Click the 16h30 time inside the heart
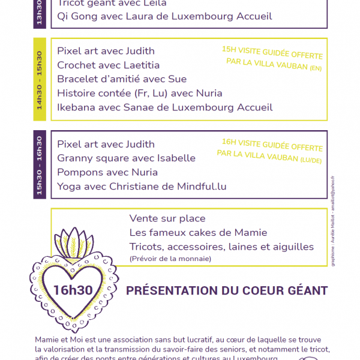[73, 290]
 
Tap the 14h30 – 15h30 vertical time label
[40, 79]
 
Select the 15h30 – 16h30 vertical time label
[40, 165]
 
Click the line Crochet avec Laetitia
[100, 65]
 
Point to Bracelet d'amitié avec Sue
[122, 79]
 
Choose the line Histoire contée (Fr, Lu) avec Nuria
[140, 93]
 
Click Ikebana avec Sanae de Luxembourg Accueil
[165, 107]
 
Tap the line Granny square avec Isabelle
[127, 158]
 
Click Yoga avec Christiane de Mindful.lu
[142, 187]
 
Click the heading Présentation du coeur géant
[227, 291]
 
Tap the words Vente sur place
[167, 218]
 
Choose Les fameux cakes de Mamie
[199, 233]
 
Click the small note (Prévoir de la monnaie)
[170, 259]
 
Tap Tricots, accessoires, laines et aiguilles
[221, 247]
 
